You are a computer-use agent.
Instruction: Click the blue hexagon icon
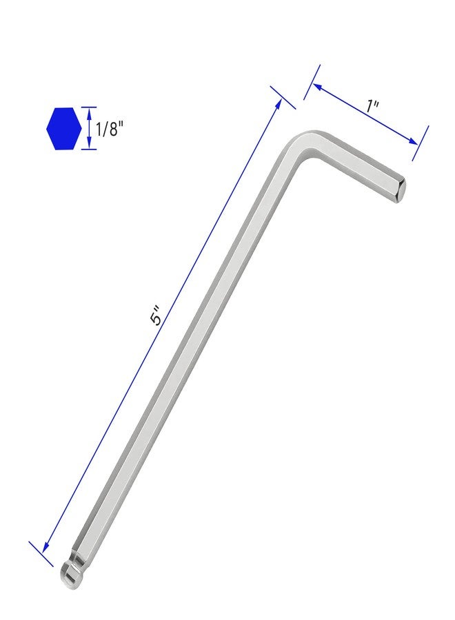[x=63, y=129]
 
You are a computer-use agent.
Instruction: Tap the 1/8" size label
[x=108, y=129]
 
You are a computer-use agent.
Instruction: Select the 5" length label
[x=156, y=315]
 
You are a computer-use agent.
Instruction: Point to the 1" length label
[x=372, y=106]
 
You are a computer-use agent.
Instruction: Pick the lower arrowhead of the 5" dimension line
[x=45, y=547]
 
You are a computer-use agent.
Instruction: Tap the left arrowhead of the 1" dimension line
[x=318, y=86]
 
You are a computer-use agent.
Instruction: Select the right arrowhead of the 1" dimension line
[x=413, y=141]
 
